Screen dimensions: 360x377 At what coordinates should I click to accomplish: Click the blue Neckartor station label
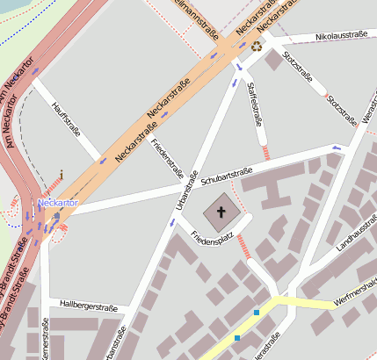[x=58, y=203]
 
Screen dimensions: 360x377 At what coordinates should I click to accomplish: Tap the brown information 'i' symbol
[x=61, y=176]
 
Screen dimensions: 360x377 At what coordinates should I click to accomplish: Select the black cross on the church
[x=221, y=212]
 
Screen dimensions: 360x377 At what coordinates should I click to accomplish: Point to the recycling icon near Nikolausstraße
[x=257, y=47]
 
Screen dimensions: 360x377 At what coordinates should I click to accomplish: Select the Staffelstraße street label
[x=257, y=102]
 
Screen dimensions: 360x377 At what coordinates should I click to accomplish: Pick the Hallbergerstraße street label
[x=88, y=306]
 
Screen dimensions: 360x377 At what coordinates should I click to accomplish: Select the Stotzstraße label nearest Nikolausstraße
[x=295, y=66]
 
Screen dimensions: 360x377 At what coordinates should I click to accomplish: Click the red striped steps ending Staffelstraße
[x=266, y=152]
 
